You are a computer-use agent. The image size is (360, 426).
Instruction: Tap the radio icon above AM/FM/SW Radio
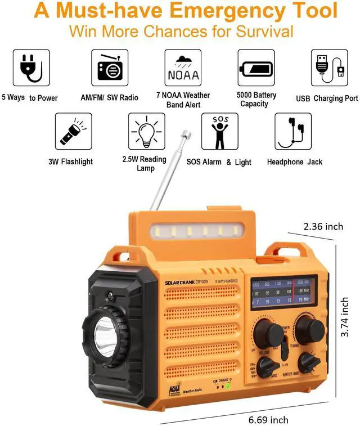coord(110,68)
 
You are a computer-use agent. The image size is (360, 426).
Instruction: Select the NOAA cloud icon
coord(183,68)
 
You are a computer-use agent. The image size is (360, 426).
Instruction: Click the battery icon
coord(256,68)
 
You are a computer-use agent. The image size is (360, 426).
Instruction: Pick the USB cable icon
coord(329,68)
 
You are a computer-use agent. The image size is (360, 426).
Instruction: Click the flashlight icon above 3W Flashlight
coord(73,131)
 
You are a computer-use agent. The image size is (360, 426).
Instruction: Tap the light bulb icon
coord(146,131)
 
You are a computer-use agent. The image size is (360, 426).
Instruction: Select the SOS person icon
coord(220,131)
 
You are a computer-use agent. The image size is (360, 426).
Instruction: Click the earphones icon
coord(292,131)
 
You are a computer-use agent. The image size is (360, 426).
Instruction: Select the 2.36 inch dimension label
coord(323,226)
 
